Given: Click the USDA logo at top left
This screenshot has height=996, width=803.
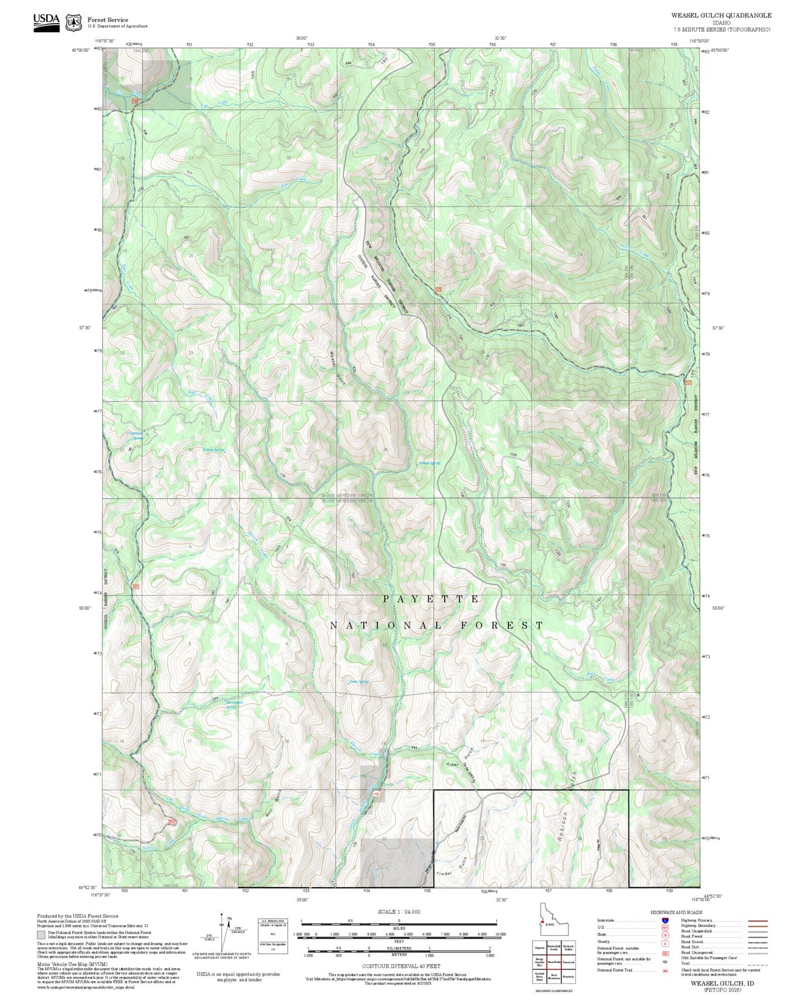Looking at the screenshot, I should [46, 22].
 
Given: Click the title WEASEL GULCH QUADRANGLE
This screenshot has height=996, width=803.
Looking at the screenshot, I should [721, 15].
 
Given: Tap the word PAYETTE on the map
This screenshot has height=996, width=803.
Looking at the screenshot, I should [431, 599].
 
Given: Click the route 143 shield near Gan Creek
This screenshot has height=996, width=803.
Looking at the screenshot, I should [135, 101].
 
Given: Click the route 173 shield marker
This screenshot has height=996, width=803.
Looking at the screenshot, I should [438, 289].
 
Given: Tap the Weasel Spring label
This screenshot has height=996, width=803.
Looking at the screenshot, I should [429, 462].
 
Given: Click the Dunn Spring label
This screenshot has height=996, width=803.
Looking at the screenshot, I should [358, 682].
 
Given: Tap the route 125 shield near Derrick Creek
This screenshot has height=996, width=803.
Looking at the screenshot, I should [377, 794].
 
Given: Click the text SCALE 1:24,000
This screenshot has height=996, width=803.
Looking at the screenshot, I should [399, 912].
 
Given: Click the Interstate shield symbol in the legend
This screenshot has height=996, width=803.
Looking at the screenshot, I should [665, 920].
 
